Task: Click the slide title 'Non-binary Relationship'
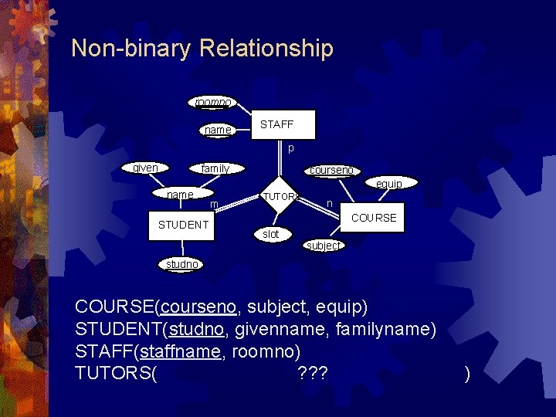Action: (202, 49)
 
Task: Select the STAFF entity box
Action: (276, 124)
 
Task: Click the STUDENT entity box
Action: (183, 225)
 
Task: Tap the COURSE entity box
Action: (374, 218)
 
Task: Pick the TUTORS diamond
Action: (280, 197)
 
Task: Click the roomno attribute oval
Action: (210, 102)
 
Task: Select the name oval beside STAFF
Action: (217, 130)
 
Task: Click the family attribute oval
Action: (215, 168)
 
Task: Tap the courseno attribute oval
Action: (331, 170)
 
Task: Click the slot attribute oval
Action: (271, 234)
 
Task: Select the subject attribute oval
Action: (323, 245)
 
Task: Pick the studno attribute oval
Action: (181, 264)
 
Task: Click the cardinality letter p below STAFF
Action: (290, 148)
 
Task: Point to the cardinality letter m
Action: (214, 204)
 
